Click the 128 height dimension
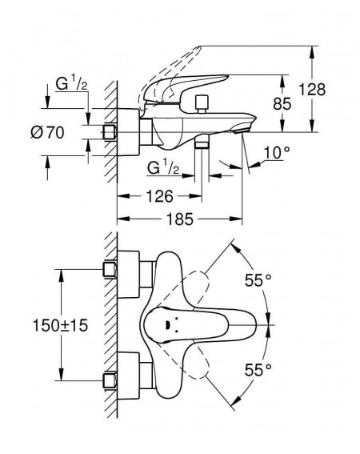[312, 89]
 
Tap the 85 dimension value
[282, 103]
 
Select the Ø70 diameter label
[47, 133]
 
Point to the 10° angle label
[277, 153]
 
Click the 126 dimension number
[160, 196]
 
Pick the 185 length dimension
[179, 219]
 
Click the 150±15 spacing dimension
[60, 325]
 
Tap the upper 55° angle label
[258, 280]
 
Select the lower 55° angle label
[258, 370]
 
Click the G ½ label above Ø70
[71, 84]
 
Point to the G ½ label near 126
[163, 167]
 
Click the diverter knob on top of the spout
[202, 103]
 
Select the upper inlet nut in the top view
[110, 269]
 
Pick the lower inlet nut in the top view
[110, 381]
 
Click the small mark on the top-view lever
[167, 326]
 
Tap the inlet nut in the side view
[110, 132]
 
